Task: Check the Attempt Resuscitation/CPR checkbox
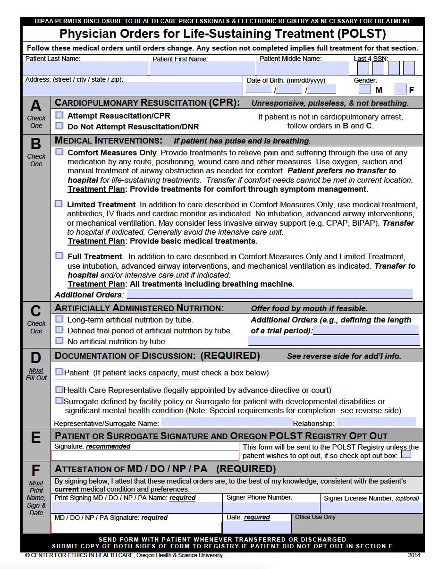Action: click(59, 115)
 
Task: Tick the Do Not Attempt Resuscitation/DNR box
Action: click(59, 126)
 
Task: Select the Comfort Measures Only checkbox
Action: click(59, 152)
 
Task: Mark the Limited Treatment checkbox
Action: click(59, 204)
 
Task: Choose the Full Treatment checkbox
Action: click(59, 255)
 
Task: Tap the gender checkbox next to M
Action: click(364, 89)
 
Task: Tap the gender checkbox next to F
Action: click(401, 89)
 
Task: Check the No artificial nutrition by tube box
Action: click(59, 340)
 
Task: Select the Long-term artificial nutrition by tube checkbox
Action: click(59, 319)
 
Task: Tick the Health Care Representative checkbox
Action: click(59, 390)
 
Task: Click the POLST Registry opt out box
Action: click(405, 455)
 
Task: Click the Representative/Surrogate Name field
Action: click(227, 423)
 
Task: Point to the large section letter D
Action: click(36, 358)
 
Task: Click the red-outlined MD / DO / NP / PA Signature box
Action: click(136, 527)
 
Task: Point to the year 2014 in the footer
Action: click(414, 555)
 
